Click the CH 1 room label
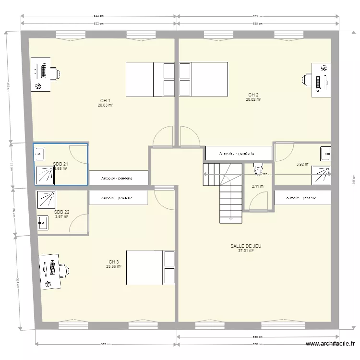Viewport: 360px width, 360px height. [105, 100]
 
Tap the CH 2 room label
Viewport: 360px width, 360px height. [253, 95]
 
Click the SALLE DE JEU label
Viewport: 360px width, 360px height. [246, 246]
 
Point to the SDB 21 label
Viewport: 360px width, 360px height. [60, 164]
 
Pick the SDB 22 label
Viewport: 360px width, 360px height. [61, 212]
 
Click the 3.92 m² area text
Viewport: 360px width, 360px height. [303, 164]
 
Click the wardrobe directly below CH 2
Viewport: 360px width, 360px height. [238, 154]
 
